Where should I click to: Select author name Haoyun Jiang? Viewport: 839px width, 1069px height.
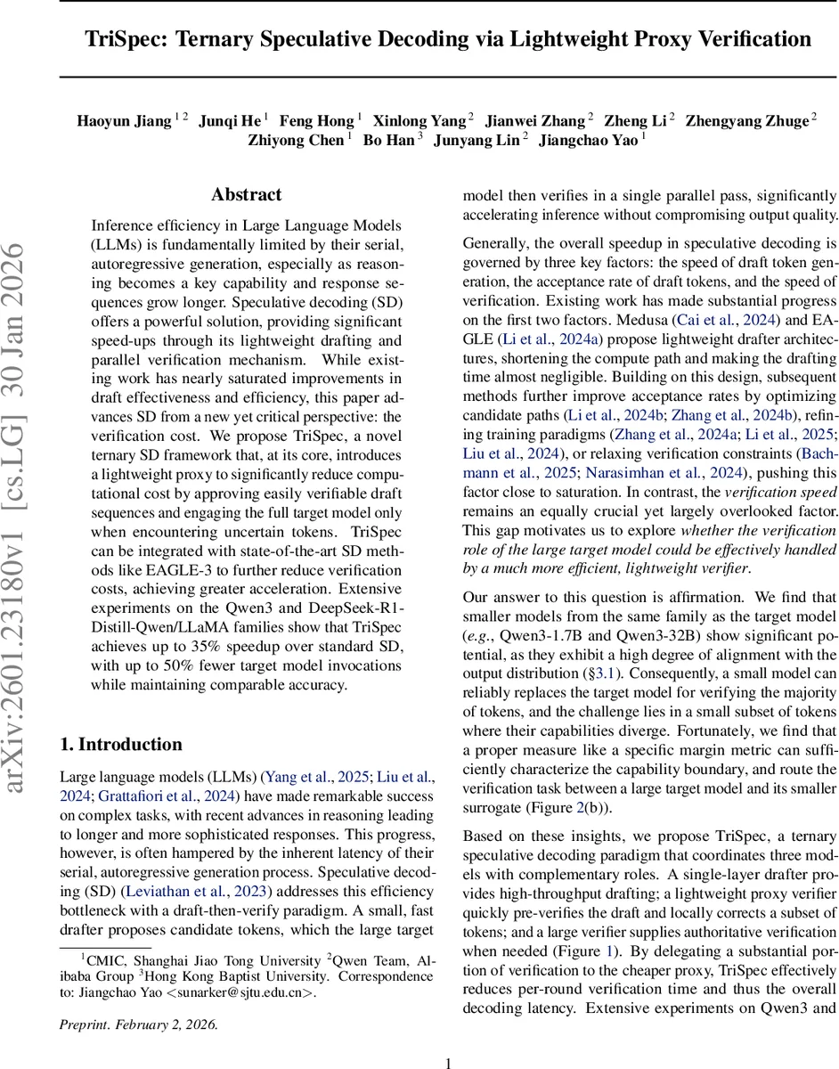click(124, 120)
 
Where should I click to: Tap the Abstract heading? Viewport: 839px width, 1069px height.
click(247, 194)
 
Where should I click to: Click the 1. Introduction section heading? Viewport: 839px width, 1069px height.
click(120, 745)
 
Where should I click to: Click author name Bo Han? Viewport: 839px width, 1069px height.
click(388, 140)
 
